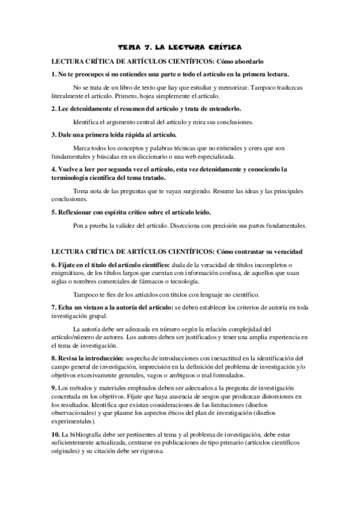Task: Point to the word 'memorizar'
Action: [247, 87]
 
